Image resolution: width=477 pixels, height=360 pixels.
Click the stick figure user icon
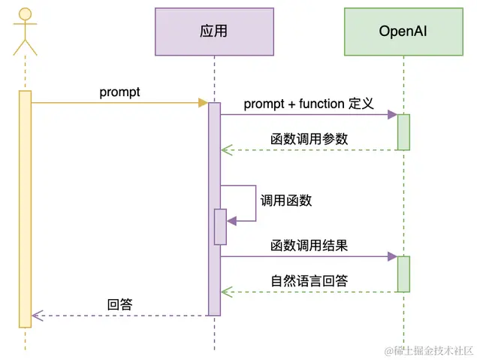25,32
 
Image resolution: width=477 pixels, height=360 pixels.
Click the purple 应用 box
214,32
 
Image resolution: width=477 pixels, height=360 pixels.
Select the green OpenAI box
403,32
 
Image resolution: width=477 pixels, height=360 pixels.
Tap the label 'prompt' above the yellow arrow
119,92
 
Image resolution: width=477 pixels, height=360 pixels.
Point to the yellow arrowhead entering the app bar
203,103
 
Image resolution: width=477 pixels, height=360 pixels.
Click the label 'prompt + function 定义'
309,104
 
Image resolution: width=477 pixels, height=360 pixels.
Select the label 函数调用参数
309,139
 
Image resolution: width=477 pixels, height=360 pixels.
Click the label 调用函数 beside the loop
286,201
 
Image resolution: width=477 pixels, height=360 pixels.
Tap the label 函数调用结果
309,245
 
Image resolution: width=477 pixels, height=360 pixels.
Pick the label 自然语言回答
309,280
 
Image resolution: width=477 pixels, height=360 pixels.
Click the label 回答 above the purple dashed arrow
120,304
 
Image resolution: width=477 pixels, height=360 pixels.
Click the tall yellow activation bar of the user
26,209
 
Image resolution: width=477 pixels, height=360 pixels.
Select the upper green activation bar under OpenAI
403,132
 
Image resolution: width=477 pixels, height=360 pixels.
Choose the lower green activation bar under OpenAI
403,274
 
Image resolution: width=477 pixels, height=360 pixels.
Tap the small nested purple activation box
220,227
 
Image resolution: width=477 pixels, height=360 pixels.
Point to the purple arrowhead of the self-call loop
231,221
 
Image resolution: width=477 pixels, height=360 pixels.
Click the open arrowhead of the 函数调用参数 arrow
227,150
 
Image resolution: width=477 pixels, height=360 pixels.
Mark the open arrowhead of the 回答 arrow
38,316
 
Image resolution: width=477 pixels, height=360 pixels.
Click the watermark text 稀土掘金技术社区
429,351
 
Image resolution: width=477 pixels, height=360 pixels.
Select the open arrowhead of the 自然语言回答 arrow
227,292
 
